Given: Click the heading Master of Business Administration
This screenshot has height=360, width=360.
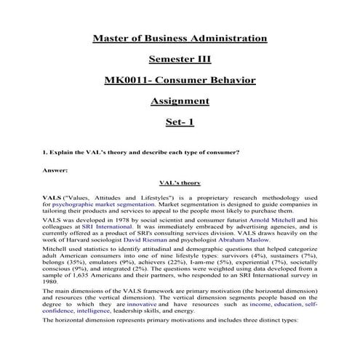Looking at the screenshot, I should (x=180, y=37).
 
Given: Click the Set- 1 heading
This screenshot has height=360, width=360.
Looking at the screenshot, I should (x=180, y=121).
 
